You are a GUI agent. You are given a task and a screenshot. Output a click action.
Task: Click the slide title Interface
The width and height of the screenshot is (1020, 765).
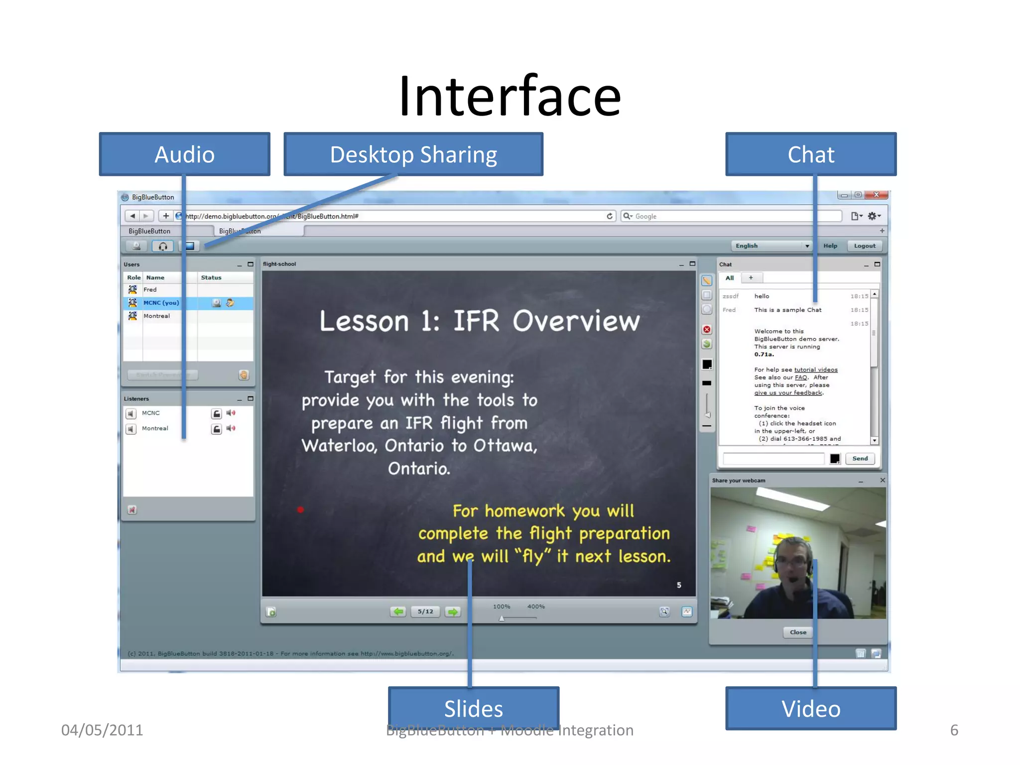click(510, 96)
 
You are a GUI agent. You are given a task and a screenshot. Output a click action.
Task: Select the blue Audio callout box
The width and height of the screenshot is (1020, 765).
click(184, 154)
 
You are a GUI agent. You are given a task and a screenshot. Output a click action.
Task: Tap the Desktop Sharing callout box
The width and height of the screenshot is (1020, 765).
click(413, 154)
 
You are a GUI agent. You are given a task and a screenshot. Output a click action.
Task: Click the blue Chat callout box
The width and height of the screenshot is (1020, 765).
click(810, 154)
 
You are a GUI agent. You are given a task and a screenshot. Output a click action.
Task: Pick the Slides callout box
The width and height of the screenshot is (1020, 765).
click(473, 708)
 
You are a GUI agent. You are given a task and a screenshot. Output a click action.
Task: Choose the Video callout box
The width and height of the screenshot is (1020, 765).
click(810, 708)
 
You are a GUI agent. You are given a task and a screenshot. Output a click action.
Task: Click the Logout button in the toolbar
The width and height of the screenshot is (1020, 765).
click(864, 246)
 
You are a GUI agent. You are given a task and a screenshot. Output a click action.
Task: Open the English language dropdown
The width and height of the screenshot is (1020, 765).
click(771, 246)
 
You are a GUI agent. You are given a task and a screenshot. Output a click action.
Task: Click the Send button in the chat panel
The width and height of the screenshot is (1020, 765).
click(860, 459)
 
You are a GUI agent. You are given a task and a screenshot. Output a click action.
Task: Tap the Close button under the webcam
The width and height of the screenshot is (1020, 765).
click(798, 633)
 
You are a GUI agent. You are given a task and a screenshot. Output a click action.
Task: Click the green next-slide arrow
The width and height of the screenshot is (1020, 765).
click(453, 612)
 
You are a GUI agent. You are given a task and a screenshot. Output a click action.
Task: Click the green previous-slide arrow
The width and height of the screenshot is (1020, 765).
click(398, 612)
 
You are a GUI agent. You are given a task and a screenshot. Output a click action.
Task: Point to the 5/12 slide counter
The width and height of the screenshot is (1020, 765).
click(425, 612)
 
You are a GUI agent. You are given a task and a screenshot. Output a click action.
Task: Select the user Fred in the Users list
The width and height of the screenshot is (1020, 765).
click(150, 290)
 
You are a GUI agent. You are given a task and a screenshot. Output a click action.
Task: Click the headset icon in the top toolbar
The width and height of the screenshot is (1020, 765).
click(163, 246)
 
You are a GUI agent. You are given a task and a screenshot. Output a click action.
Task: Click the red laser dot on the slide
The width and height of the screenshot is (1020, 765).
click(300, 510)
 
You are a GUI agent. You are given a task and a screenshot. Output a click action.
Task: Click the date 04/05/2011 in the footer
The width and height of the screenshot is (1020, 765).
click(102, 730)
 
